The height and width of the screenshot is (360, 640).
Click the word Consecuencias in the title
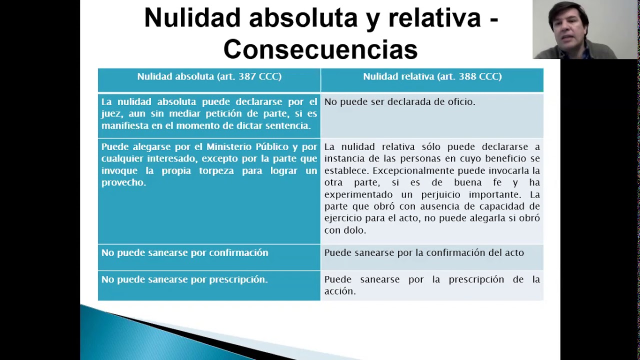[320, 49]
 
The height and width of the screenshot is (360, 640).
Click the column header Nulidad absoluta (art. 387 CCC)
[209, 76]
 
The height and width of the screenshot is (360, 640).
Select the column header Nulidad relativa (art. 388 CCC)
[432, 76]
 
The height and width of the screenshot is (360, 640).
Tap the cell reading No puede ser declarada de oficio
[399, 102]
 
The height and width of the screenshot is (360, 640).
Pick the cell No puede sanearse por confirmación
[184, 253]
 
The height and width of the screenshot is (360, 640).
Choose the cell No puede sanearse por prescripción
[184, 279]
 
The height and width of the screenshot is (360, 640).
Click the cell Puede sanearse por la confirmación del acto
[424, 253]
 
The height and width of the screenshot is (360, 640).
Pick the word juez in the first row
[111, 114]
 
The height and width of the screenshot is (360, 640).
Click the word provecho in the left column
[123, 182]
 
